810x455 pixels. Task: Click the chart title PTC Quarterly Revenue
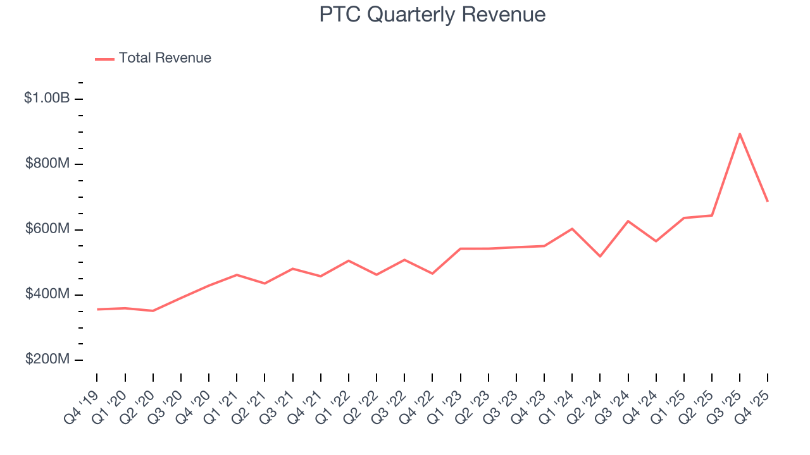click(432, 15)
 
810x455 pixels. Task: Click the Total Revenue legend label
click(165, 58)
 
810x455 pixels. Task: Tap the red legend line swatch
click(104, 59)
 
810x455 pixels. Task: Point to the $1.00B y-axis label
click(46, 99)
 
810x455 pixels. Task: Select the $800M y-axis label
click(47, 164)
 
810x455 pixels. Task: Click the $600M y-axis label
click(47, 229)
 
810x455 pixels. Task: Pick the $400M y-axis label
click(47, 294)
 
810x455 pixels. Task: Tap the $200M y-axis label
click(47, 360)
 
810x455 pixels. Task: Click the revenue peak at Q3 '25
click(739, 133)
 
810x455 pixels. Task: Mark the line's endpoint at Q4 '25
click(768, 201)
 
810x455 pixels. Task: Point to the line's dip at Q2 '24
click(600, 256)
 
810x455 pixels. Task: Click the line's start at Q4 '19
click(97, 309)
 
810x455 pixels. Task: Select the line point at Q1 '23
click(461, 248)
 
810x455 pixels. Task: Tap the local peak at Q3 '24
click(628, 221)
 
